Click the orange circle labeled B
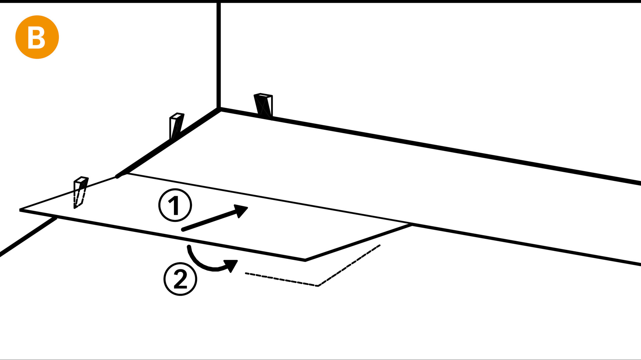(37, 37)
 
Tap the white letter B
(36, 38)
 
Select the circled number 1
(175, 205)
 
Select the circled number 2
(180, 279)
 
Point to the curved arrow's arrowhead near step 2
(231, 265)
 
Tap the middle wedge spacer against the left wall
(176, 126)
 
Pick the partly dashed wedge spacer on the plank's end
(80, 192)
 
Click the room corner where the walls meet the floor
(219, 108)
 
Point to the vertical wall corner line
(219, 53)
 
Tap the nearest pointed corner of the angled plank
(305, 260)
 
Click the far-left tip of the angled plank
(21, 210)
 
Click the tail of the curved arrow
(189, 247)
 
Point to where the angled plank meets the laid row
(411, 225)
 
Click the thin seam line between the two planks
(267, 199)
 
